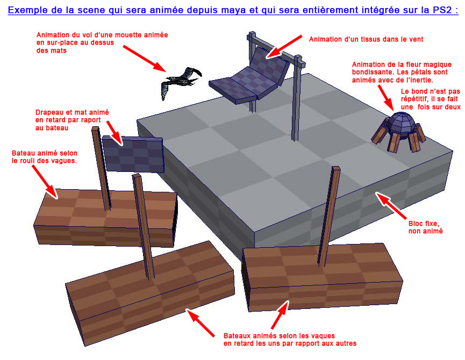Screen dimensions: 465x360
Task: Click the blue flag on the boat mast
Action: [x=133, y=154]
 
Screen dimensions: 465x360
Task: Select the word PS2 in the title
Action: [x=442, y=10]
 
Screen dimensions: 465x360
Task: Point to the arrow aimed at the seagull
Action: [x=145, y=59]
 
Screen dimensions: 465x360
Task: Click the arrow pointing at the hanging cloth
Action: [x=283, y=47]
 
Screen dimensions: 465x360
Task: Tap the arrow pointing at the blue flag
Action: [x=115, y=133]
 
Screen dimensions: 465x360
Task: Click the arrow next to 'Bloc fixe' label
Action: [x=391, y=205]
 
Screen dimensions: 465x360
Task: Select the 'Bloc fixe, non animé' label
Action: [x=425, y=227]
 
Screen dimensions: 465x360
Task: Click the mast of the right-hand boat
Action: [x=329, y=217]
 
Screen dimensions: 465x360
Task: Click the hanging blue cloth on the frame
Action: [x=249, y=76]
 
